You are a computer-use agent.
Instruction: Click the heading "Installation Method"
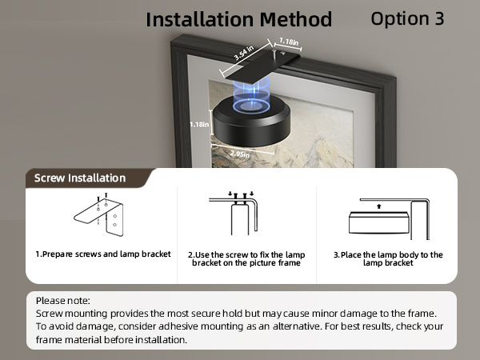[238, 19]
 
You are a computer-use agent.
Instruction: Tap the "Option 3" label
[407, 18]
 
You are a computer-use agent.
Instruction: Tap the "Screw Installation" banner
[80, 178]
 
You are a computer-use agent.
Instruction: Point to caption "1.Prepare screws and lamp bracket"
[102, 254]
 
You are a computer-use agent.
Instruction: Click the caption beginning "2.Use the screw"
[245, 258]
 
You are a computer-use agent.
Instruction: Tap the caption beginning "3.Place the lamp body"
[387, 258]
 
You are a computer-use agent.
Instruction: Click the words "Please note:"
[63, 300]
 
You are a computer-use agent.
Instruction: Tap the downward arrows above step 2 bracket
[239, 193]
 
